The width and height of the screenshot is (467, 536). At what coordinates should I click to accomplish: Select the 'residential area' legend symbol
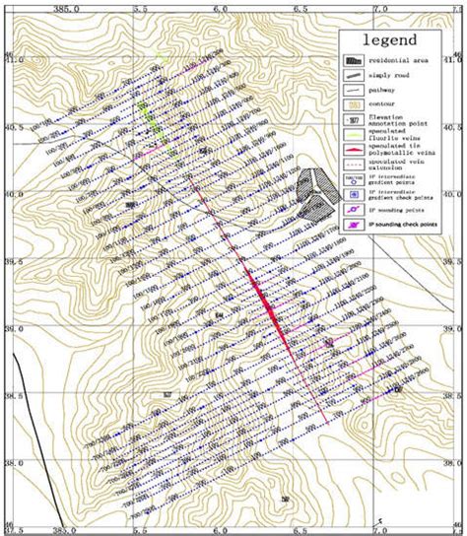coord(353,60)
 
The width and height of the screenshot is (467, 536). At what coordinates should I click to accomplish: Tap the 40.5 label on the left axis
coord(9,128)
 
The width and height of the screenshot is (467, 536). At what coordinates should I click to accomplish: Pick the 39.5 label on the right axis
coord(455,261)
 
